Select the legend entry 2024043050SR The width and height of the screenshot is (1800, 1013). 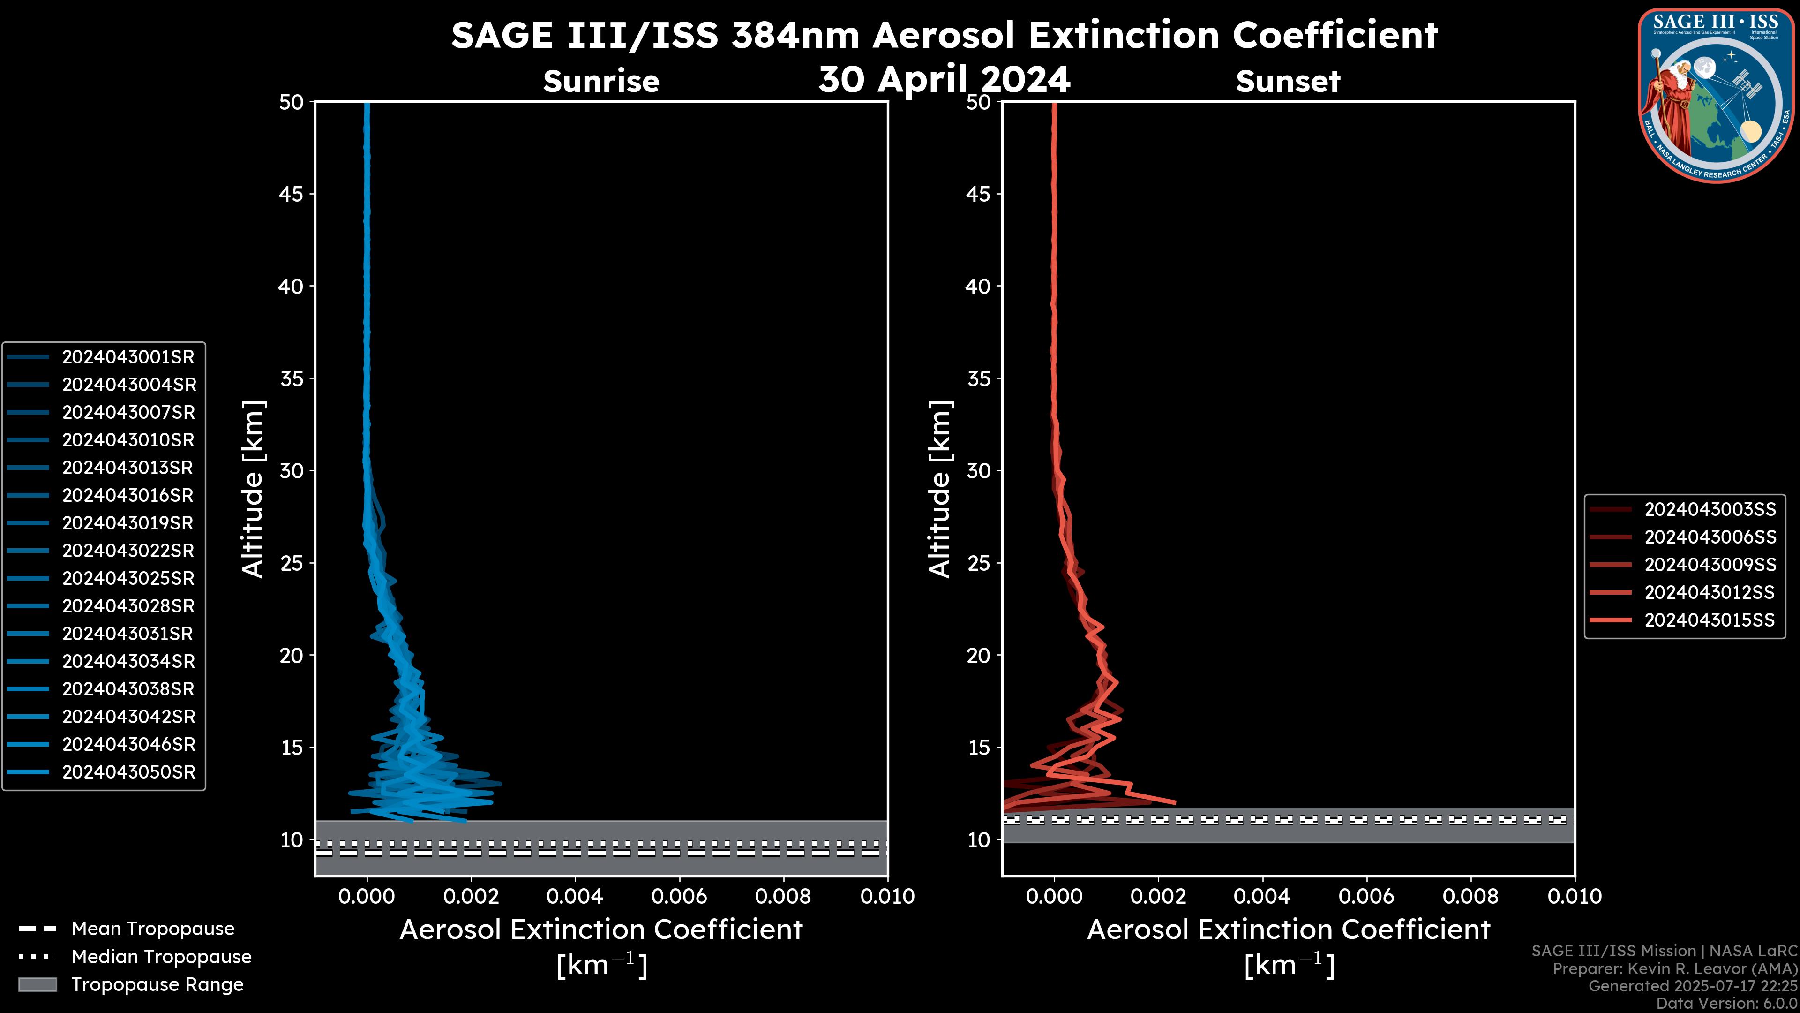click(x=128, y=772)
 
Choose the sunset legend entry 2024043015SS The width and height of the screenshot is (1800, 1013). click(x=1709, y=620)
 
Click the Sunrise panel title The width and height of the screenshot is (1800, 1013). click(x=601, y=81)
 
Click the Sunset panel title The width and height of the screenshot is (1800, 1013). click(x=1288, y=81)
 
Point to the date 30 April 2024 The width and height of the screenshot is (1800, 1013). click(x=944, y=79)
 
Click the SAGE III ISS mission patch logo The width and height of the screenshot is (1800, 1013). click(x=1716, y=95)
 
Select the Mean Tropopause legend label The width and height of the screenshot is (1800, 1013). click(x=153, y=929)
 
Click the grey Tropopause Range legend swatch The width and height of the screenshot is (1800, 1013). click(x=37, y=984)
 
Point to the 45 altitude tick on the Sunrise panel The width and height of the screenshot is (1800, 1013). click(x=292, y=194)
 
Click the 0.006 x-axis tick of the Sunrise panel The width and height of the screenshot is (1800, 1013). click(x=679, y=896)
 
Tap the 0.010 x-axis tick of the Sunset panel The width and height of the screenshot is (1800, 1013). click(x=1575, y=896)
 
